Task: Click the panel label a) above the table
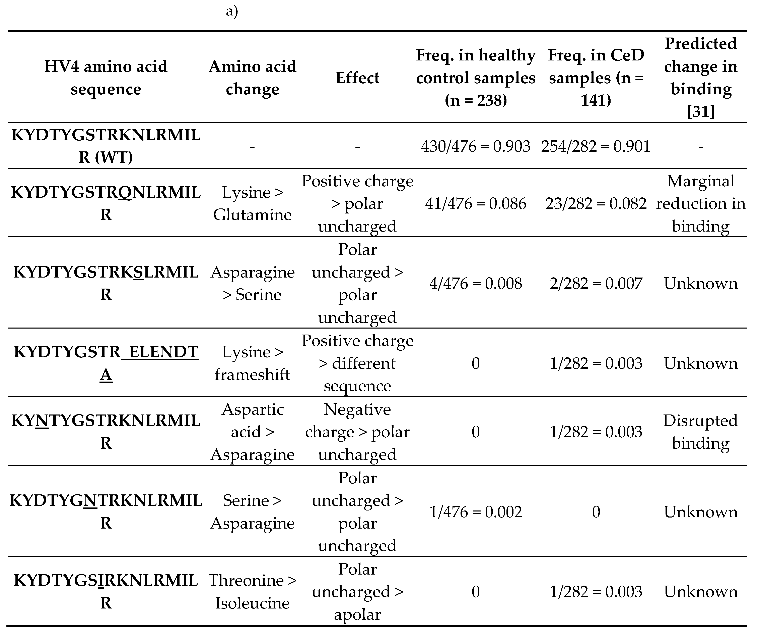[232, 12]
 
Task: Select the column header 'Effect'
[357, 78]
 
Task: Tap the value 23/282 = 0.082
[596, 204]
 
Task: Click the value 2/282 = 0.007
[596, 283]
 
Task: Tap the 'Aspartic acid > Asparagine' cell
[252, 432]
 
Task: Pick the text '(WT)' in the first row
[114, 157]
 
